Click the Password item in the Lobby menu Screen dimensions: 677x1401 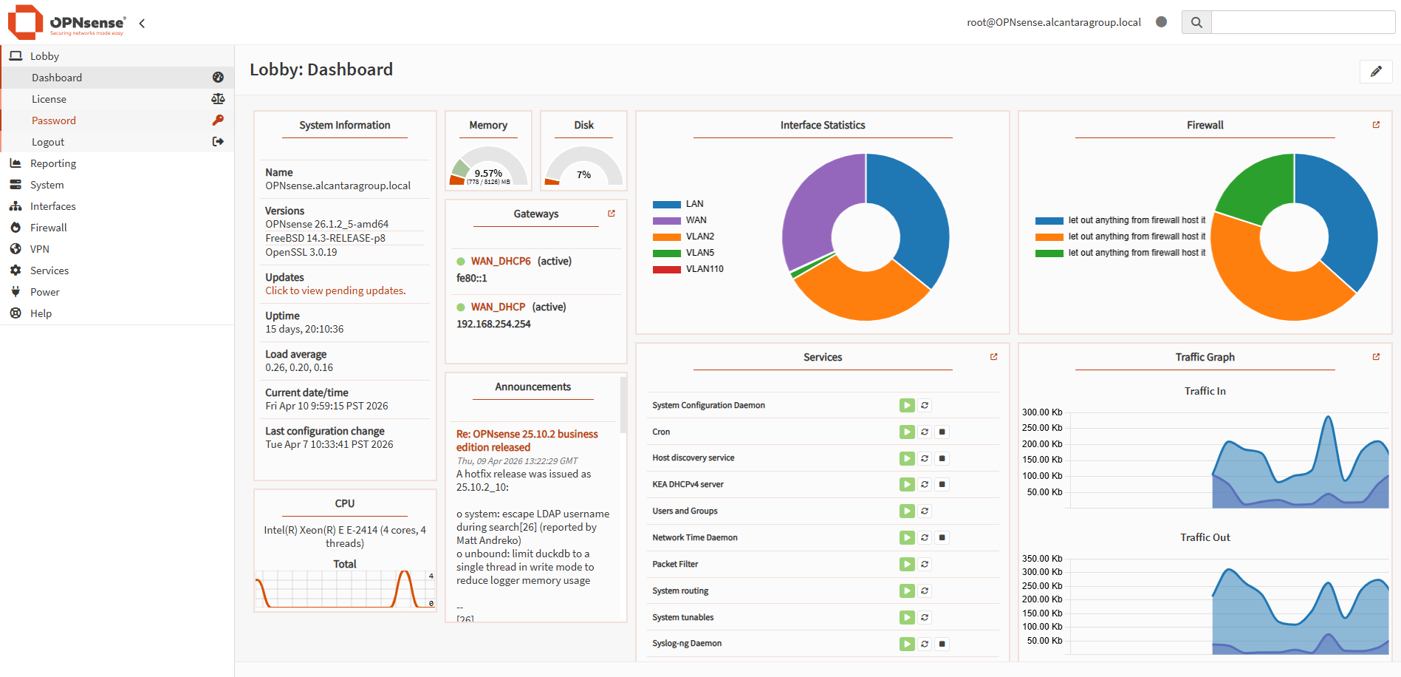(x=53, y=120)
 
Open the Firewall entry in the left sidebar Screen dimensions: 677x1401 (x=48, y=228)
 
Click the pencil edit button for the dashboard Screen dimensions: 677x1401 (x=1375, y=72)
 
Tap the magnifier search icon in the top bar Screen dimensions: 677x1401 (x=1196, y=22)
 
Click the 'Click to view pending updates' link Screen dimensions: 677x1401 (x=335, y=290)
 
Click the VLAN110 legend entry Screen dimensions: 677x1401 (x=704, y=269)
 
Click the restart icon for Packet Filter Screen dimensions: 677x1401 (x=925, y=564)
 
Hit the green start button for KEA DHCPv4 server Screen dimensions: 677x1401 (x=906, y=485)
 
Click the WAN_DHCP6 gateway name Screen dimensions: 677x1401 (x=501, y=261)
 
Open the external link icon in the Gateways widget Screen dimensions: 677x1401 (x=612, y=214)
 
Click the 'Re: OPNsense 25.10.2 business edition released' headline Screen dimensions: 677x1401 (x=527, y=440)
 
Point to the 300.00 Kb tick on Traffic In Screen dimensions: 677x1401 (x=1041, y=412)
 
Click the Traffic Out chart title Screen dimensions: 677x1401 (x=1205, y=537)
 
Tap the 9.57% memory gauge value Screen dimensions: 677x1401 (x=488, y=173)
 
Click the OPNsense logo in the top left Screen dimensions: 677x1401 (x=66, y=22)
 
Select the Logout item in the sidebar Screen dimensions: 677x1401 (x=48, y=142)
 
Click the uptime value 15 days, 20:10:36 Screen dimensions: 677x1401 (x=304, y=329)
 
